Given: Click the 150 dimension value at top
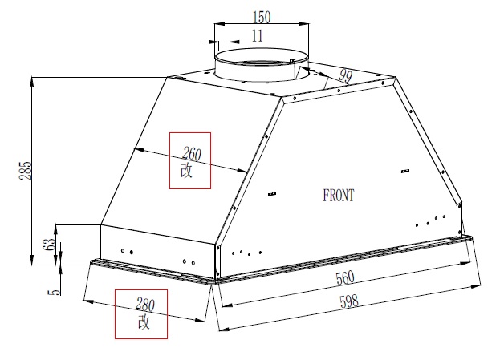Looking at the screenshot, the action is click(262, 17).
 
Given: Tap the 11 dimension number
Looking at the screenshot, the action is click(257, 35).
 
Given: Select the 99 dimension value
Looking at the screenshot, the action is click(346, 76).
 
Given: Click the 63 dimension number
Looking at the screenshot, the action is click(48, 245).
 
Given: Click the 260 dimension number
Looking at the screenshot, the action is click(192, 154).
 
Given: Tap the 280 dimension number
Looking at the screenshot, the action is click(145, 305).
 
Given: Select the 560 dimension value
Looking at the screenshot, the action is click(345, 278).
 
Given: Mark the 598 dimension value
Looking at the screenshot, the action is click(349, 301).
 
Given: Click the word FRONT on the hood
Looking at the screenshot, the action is click(339, 196).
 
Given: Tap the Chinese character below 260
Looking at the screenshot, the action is click(186, 170).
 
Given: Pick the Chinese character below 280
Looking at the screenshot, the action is click(144, 322).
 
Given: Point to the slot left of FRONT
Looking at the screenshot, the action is click(272, 194).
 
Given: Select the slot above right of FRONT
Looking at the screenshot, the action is click(405, 171).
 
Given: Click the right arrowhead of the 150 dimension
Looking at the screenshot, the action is click(304, 23).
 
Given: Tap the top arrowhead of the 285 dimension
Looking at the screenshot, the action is click(31, 82).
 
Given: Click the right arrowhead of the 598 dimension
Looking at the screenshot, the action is click(476, 286).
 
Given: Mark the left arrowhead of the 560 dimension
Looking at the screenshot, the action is click(227, 305).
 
